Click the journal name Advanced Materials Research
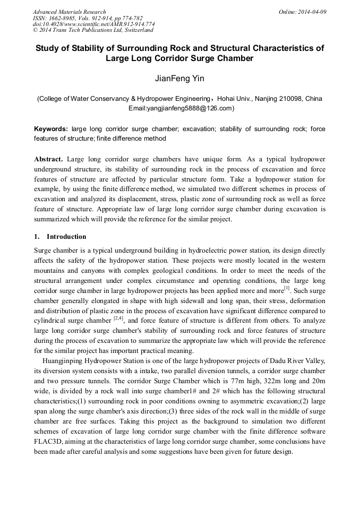[x=69, y=12]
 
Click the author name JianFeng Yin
[x=179, y=79]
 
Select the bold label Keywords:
[x=51, y=129]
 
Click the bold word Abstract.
[x=49, y=159]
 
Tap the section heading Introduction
[x=66, y=236]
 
